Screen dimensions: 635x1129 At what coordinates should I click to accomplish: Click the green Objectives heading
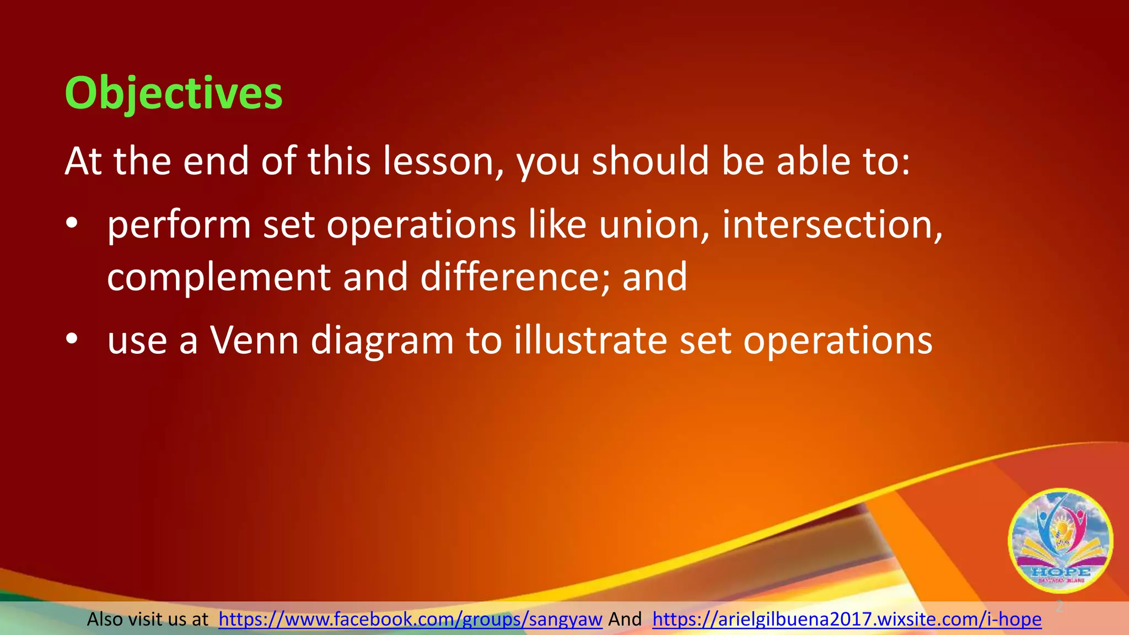point(174,93)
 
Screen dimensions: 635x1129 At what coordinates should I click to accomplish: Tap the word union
point(654,224)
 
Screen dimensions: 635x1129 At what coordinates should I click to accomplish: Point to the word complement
point(218,277)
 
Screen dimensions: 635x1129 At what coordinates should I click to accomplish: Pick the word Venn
point(254,340)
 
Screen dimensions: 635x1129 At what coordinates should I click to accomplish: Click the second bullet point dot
point(71,340)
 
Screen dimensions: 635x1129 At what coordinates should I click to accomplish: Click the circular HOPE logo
point(1060,540)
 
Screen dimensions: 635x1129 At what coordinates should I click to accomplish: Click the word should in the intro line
point(650,161)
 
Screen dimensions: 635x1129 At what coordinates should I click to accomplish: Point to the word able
point(815,161)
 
